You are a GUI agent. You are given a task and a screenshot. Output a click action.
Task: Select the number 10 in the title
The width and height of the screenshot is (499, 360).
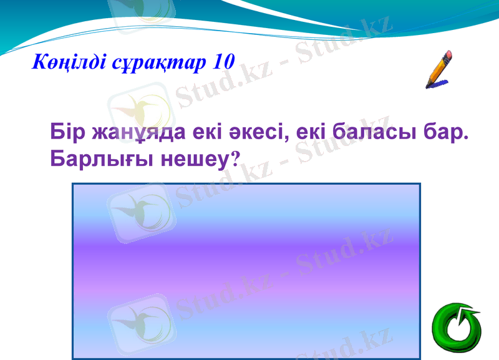(x=222, y=62)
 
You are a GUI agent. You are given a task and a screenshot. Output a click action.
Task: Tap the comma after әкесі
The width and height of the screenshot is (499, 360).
(x=287, y=140)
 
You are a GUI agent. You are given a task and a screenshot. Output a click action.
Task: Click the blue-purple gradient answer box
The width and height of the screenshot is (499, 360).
(x=246, y=271)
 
